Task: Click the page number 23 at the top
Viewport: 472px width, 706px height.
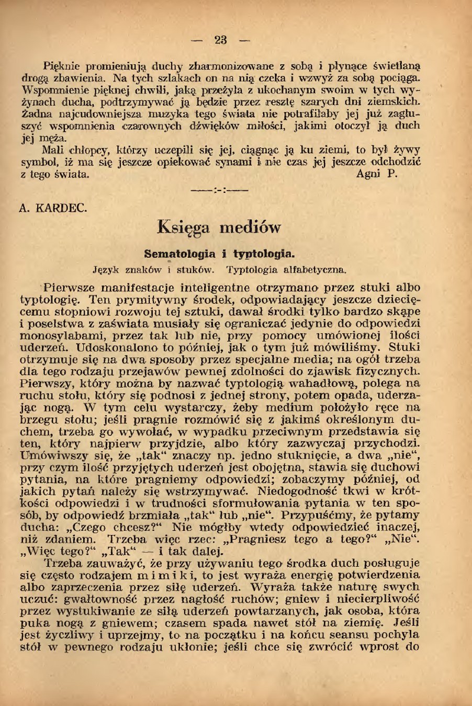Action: (220, 40)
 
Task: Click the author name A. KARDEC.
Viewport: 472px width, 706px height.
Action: (53, 208)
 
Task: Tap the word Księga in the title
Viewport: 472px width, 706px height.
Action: (184, 228)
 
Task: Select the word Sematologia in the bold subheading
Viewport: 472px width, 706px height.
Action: (179, 254)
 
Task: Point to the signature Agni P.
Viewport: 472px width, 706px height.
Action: (377, 175)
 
